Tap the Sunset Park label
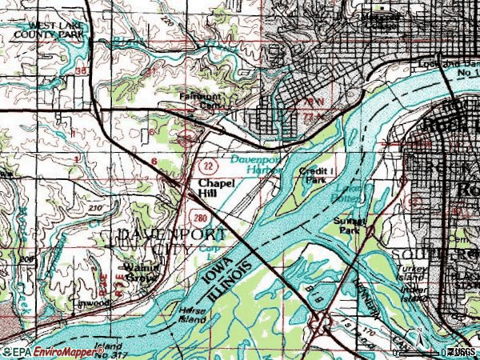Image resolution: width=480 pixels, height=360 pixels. (350, 224)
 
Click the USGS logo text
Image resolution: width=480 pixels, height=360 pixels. (462, 352)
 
